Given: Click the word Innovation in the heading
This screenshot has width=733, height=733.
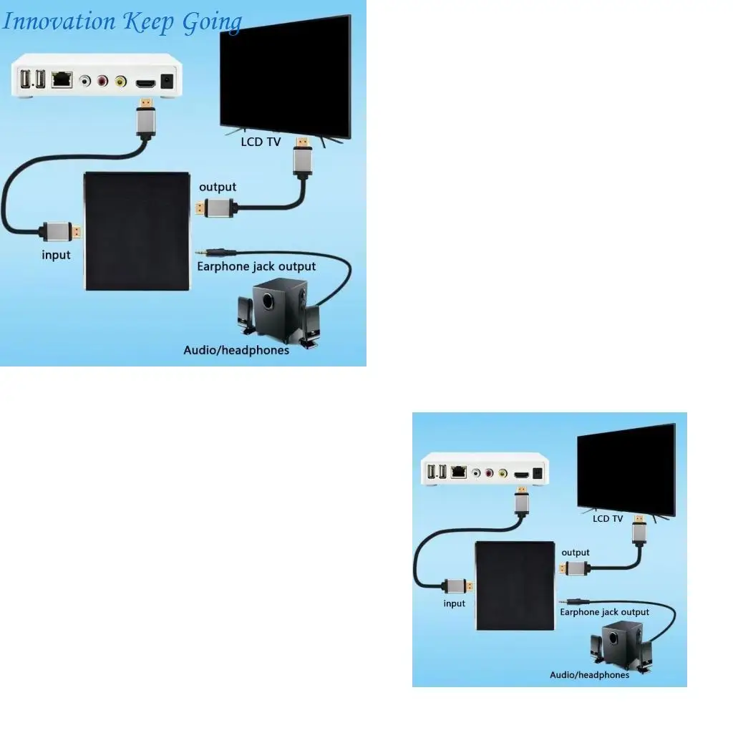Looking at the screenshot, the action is tap(59, 21).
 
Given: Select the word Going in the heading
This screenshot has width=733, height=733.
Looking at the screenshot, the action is tap(211, 22).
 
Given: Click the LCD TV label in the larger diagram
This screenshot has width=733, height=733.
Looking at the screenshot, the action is tap(261, 142).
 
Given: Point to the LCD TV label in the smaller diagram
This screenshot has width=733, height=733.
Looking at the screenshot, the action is tap(608, 518).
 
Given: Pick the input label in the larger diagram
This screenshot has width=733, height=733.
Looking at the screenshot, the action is tap(56, 255).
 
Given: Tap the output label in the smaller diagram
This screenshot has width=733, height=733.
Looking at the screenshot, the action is tap(576, 552).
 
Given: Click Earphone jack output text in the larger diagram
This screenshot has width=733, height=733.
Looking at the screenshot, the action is tap(256, 266).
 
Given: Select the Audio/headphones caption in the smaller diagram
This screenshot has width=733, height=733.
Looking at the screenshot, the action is tap(589, 674).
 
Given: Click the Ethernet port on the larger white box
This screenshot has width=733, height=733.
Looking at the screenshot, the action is tap(62, 79).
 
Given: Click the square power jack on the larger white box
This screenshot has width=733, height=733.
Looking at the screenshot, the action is tap(169, 82).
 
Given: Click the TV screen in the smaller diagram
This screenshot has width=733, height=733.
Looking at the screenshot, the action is tap(626, 468).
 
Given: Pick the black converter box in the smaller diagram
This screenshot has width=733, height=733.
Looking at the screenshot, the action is tap(515, 586).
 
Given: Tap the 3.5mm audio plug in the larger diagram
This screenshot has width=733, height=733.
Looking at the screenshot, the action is tap(215, 252).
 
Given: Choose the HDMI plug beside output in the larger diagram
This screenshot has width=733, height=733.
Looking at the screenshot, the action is tap(216, 208).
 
